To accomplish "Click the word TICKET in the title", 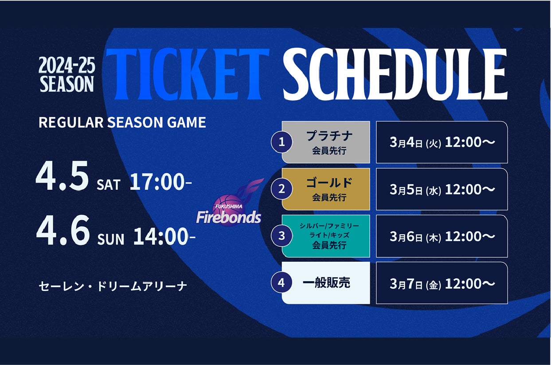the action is [x=188, y=74].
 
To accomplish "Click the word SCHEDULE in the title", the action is [x=395, y=74].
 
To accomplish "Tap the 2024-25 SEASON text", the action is [x=66, y=74].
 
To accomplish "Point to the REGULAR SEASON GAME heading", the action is [x=122, y=122].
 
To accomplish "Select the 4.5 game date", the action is [x=62, y=175].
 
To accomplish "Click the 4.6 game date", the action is [x=63, y=230].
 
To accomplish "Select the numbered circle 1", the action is [x=281, y=142].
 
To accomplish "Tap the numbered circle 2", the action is [x=281, y=189].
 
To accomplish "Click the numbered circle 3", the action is [x=281, y=236].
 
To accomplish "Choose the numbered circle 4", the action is [x=281, y=283].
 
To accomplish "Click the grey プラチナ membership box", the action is [x=326, y=142].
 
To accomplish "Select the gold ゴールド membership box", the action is [x=326, y=189].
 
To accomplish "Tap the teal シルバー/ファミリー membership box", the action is [x=326, y=236].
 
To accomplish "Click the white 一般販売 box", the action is [x=326, y=283].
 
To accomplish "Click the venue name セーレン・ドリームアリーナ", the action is [x=113, y=286].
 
